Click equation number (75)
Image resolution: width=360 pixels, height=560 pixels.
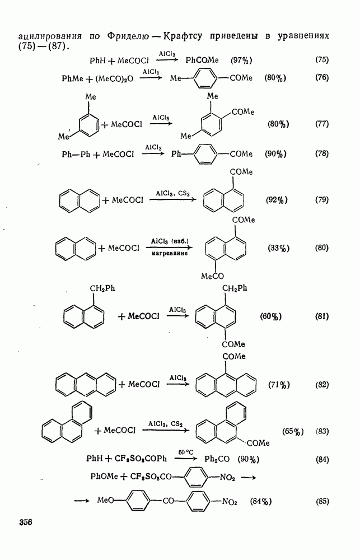(322, 60)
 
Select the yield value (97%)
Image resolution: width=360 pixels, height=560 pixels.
(241, 60)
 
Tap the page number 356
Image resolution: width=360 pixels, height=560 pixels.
(26, 522)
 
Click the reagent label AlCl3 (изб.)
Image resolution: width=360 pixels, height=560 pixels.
(169, 241)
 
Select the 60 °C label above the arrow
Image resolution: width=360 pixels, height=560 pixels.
(186, 452)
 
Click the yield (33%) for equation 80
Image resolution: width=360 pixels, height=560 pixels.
(279, 248)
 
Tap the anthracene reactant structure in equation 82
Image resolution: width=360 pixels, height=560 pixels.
(86, 384)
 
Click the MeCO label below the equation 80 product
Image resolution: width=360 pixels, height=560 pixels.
(212, 276)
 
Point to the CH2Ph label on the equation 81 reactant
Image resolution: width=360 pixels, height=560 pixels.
(102, 288)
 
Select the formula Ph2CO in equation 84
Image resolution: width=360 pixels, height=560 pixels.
(217, 459)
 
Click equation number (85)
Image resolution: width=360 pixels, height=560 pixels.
(322, 501)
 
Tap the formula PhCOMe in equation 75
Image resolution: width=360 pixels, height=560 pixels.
(202, 60)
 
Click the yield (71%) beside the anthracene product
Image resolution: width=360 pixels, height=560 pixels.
(279, 385)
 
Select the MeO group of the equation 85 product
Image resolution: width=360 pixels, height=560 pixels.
(105, 500)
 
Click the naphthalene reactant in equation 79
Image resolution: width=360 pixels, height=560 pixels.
(80, 200)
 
